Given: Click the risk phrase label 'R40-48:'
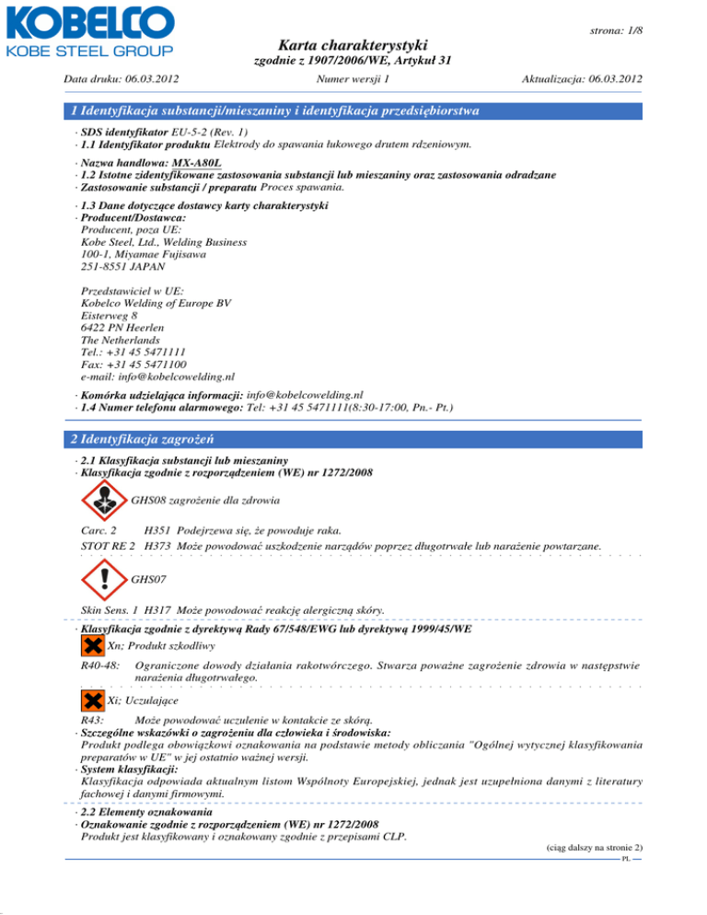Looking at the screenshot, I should (x=100, y=663).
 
